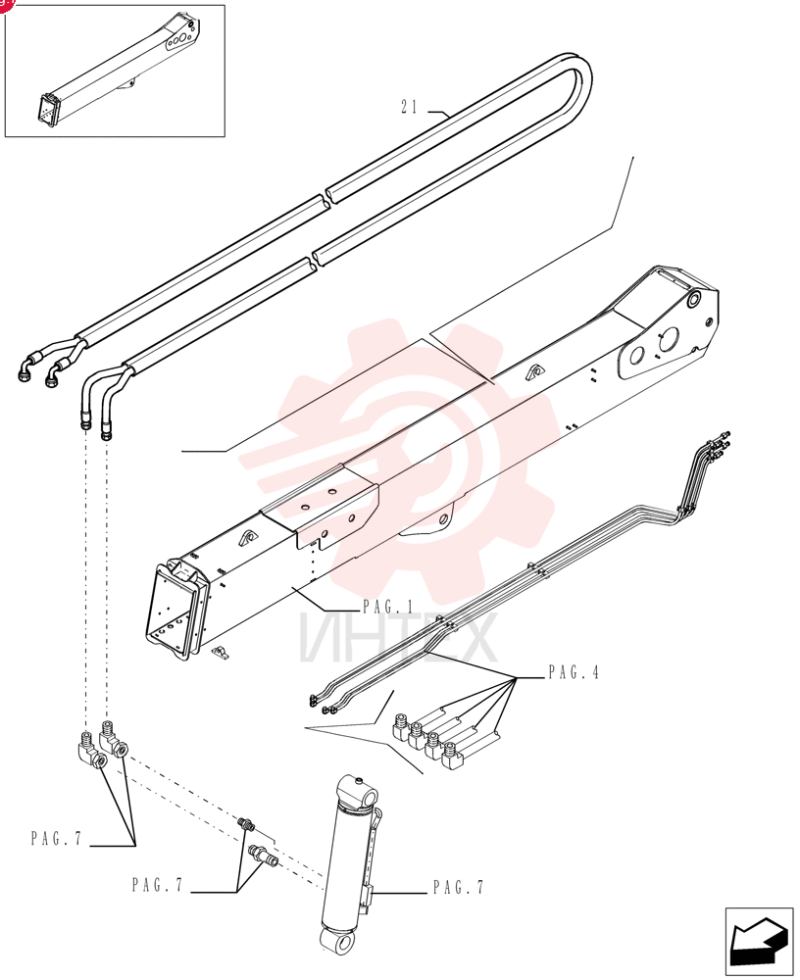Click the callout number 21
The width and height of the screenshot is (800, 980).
click(409, 107)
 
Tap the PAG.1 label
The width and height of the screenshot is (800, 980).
click(388, 607)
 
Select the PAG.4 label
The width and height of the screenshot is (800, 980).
click(574, 672)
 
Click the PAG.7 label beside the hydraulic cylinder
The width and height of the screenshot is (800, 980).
click(459, 887)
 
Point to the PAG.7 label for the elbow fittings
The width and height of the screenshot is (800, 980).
click(56, 838)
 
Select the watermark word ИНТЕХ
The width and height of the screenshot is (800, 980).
click(398, 637)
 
